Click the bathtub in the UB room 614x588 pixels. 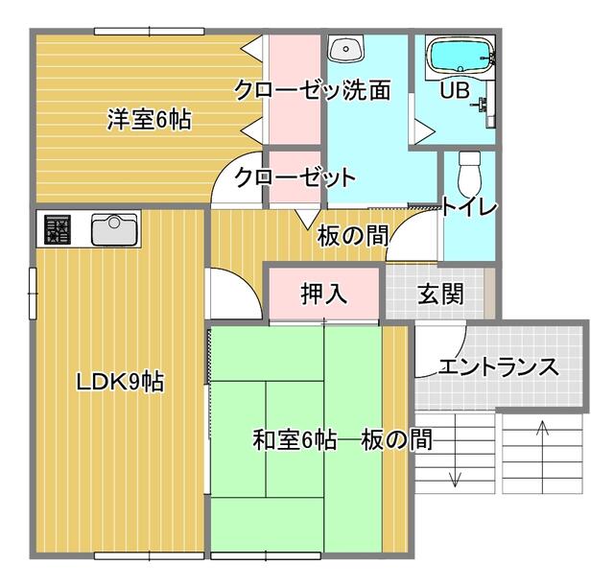click(x=460, y=58)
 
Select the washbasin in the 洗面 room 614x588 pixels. click(x=346, y=49)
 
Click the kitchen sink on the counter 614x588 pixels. click(x=114, y=230)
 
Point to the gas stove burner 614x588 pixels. click(x=58, y=230)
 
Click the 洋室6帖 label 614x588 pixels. click(x=150, y=120)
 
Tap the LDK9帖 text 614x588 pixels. click(x=120, y=382)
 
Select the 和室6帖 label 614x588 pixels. click(x=295, y=439)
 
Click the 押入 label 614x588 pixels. click(x=324, y=294)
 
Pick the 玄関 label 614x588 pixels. click(x=441, y=294)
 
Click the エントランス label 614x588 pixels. click(x=499, y=366)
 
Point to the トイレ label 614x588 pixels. click(x=469, y=206)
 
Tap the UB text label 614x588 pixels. click(x=455, y=90)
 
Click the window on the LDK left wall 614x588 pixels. click(x=33, y=294)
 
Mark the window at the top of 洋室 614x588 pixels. click(x=150, y=32)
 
